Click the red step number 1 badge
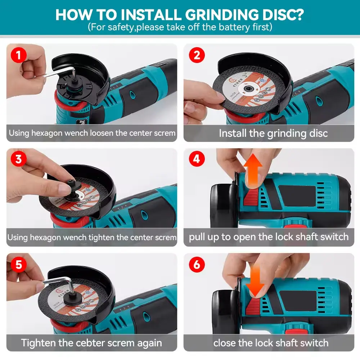pos(19,55)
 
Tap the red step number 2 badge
pos(197,55)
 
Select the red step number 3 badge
pos(19,159)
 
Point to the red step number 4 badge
pos(197,159)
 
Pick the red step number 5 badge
pos(19,265)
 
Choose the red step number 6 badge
pos(197,265)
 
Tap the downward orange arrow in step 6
pos(255,280)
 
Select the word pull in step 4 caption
pos(197,237)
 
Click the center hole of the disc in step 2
pos(248,89)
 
